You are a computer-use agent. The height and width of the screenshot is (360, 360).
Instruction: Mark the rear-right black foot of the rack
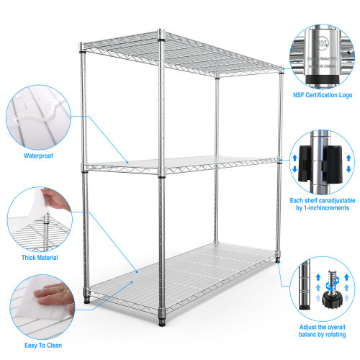click(278, 259)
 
